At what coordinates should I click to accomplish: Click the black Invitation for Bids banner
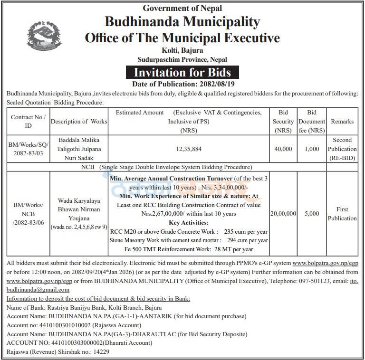182,72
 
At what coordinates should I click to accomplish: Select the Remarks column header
342,122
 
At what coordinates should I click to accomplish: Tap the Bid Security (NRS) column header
283,122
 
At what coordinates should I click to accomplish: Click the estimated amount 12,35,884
189,149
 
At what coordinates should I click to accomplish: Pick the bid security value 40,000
283,149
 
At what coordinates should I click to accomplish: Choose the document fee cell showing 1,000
312,149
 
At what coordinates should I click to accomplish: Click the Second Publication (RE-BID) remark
342,149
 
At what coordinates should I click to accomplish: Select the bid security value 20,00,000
283,214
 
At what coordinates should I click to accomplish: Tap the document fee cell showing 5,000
312,214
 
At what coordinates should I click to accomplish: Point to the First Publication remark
342,214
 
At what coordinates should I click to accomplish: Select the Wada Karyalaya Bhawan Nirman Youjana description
79,209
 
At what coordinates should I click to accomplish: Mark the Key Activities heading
189,223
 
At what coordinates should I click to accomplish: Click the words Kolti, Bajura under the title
182,50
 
